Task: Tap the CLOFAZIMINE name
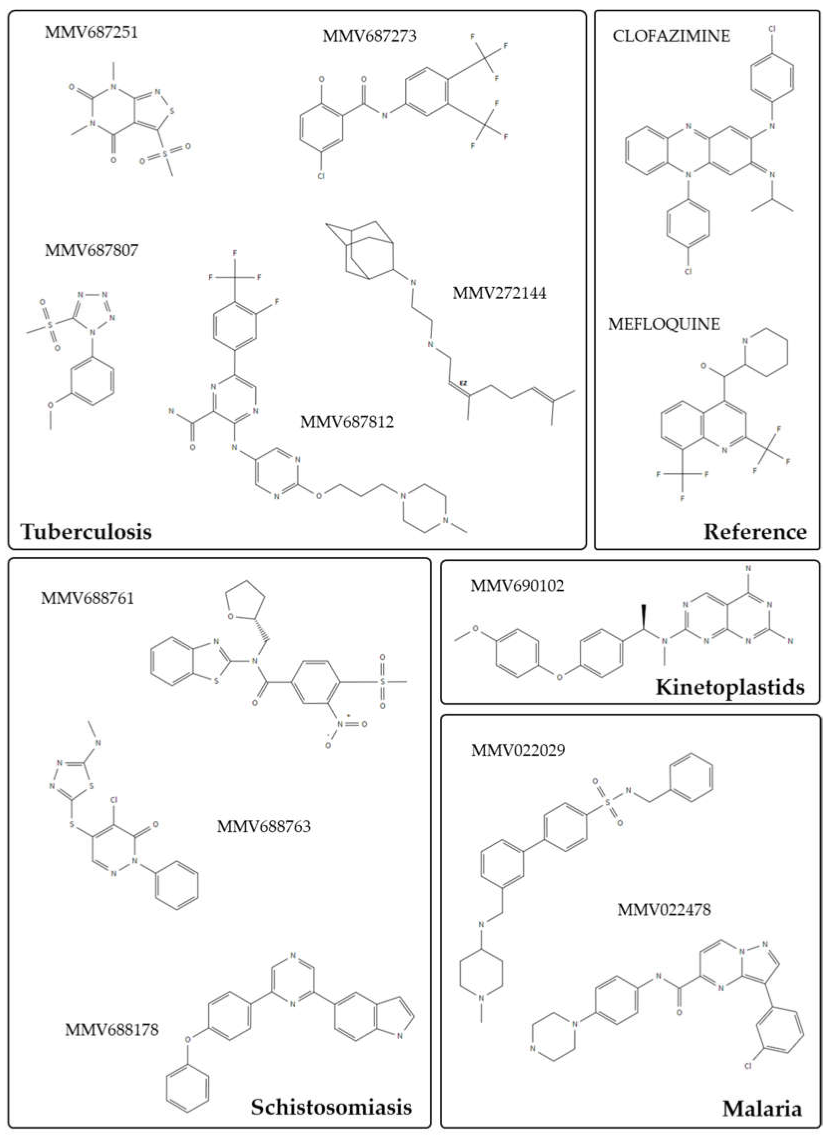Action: tap(671, 36)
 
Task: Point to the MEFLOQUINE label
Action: tap(664, 324)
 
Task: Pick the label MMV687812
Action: tap(347, 422)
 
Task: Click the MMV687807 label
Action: tap(92, 251)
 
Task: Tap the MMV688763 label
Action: tap(264, 826)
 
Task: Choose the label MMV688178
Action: tap(112, 1029)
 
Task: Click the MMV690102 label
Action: tap(517, 586)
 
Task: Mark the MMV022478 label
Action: tap(664, 910)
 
